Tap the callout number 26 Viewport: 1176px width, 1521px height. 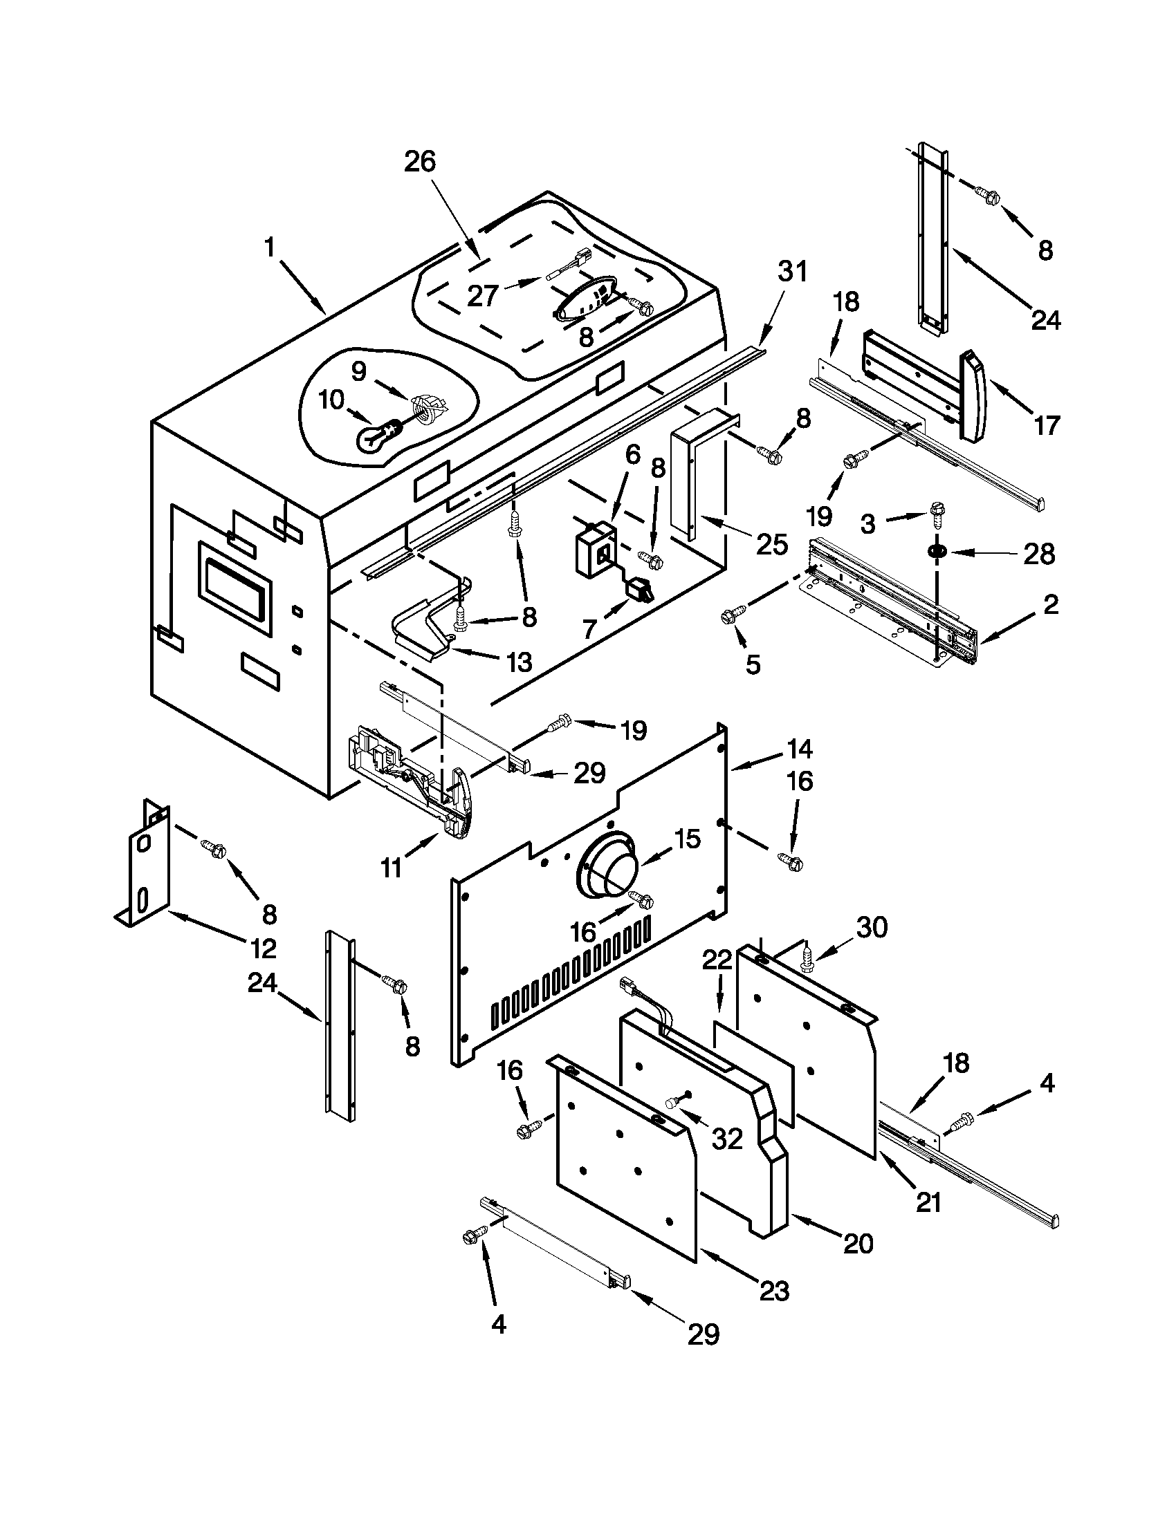(x=419, y=162)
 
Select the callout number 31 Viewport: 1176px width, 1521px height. (x=792, y=271)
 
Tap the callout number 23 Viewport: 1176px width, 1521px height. (x=774, y=1291)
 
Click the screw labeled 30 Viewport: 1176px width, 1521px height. (x=808, y=960)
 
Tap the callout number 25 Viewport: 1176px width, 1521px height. (x=772, y=544)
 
